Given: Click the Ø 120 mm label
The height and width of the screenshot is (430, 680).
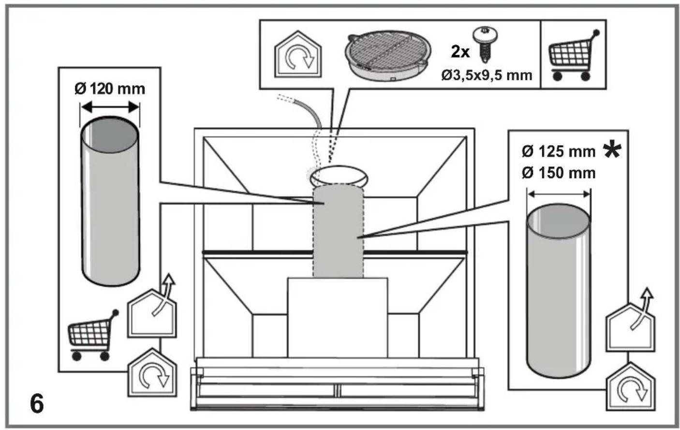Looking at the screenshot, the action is point(110,89).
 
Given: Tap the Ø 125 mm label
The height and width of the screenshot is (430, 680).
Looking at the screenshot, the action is point(559,151).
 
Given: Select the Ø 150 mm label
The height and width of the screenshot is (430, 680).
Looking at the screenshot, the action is point(559,173).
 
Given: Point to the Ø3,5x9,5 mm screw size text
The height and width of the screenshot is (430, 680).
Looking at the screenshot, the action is point(487,75).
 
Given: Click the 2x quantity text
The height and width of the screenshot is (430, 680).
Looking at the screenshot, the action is point(460,52).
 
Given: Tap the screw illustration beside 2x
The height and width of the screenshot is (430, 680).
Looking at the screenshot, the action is point(485,44).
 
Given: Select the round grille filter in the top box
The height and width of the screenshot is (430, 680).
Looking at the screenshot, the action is point(388,55).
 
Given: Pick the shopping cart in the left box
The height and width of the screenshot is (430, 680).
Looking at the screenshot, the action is point(92,335).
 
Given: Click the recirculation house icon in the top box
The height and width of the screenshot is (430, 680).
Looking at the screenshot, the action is point(298,54).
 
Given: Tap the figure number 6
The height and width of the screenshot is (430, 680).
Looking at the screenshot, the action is point(37,404).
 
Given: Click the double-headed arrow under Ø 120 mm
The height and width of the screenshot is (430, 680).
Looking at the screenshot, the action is point(110,107).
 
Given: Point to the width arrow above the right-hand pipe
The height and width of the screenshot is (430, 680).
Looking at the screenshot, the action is point(559,194).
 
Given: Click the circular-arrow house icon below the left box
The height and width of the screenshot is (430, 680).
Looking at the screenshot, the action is point(152,372).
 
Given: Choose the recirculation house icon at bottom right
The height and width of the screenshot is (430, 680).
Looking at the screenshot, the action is point(631,386).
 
